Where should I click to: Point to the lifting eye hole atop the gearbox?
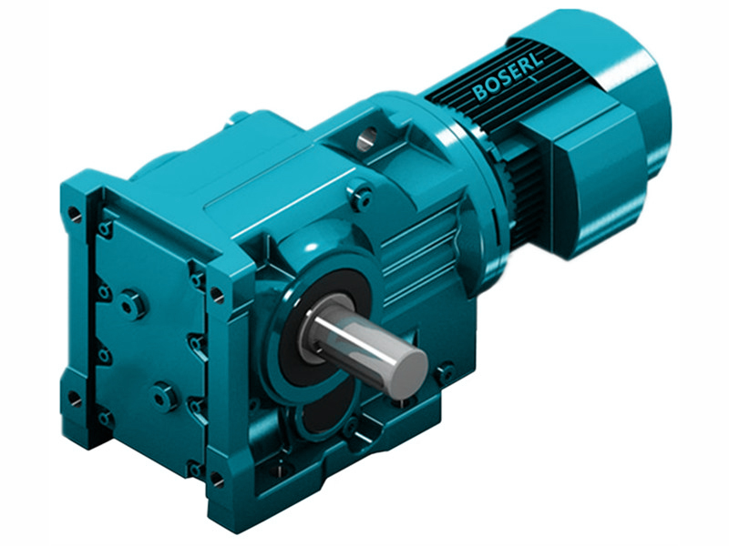366,138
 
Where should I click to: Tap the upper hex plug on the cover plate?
133,303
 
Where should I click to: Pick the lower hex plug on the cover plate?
164,395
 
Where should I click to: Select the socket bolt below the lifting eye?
362,195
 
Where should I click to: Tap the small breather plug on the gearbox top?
240,116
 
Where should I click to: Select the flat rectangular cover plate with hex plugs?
146,346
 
